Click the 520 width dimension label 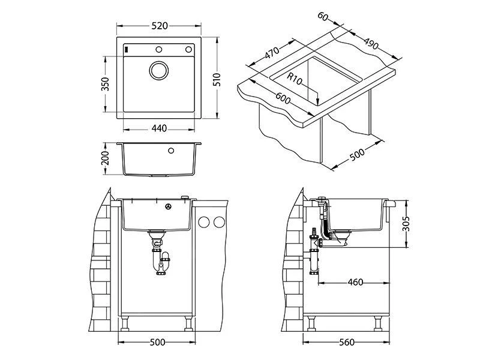159,26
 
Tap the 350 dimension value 105,84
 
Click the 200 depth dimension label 105,159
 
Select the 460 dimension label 355,282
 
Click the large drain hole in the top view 160,70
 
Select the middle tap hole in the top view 160,49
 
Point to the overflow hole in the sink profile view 172,151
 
